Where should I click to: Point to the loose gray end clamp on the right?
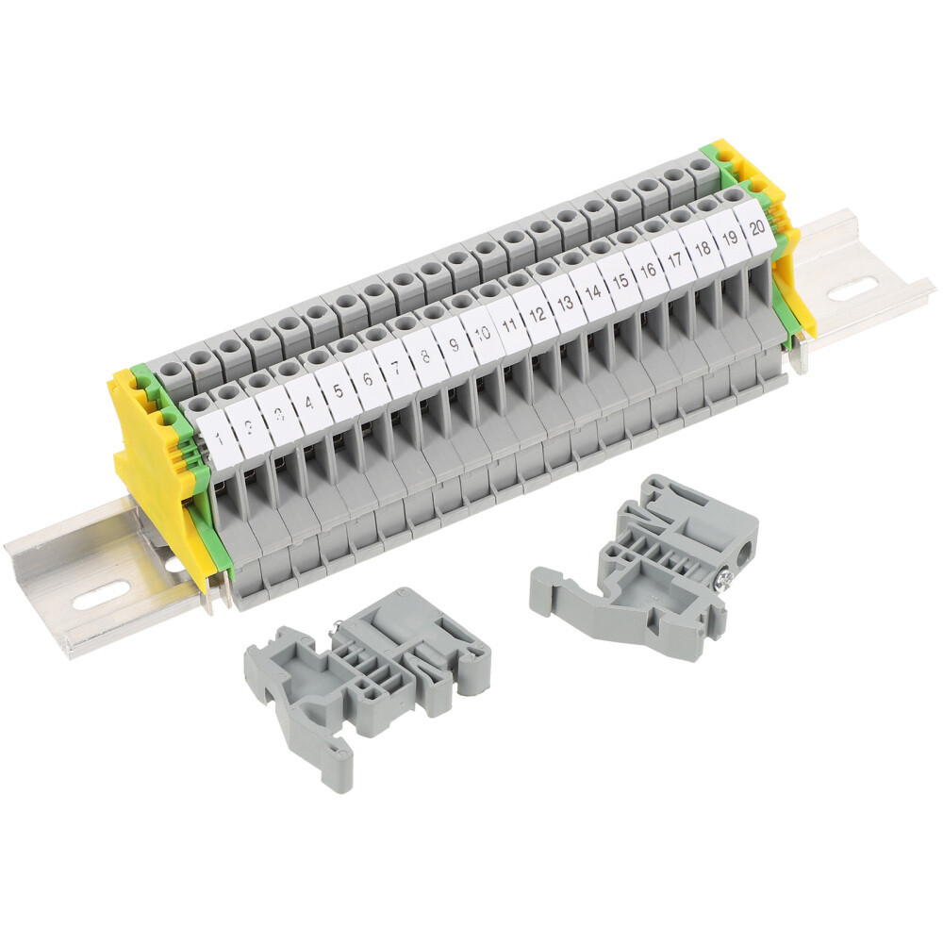coord(651,566)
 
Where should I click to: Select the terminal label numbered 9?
coord(454,344)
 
